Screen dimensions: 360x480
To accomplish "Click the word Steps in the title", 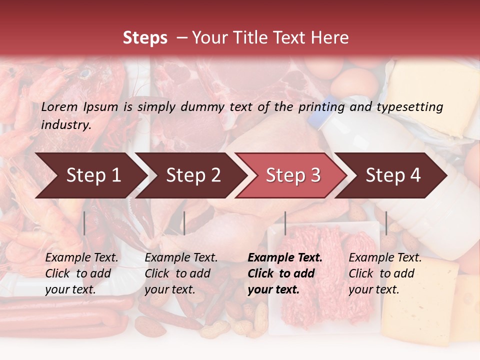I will [145, 38].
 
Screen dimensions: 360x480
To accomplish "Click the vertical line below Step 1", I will [84, 223].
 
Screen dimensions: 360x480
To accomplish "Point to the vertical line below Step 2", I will [184, 223].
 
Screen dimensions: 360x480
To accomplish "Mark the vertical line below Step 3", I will [285, 223].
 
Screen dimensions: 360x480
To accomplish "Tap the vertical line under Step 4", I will [386, 223].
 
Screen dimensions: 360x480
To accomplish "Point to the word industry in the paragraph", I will [65, 124].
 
